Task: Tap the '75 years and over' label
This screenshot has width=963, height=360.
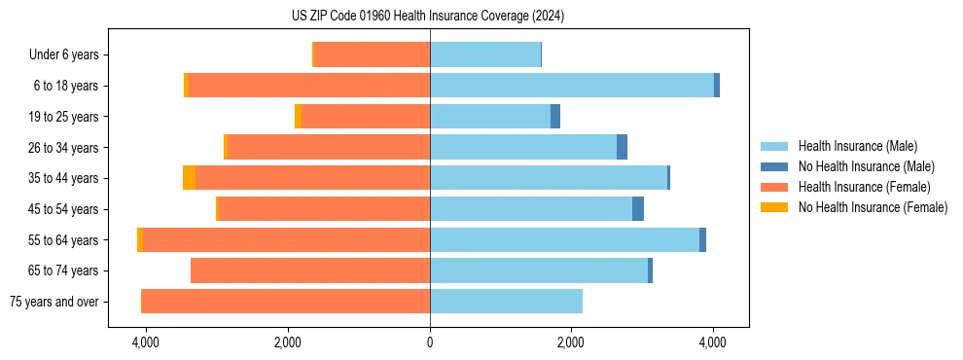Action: click(54, 302)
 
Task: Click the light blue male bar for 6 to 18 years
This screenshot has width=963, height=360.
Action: click(571, 86)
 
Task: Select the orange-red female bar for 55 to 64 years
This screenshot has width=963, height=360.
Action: click(286, 239)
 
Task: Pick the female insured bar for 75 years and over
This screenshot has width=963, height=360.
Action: click(286, 302)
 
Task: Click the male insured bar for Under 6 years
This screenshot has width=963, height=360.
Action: click(484, 55)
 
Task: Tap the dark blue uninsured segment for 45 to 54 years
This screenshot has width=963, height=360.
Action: click(638, 209)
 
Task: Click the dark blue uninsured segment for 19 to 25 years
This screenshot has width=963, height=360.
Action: click(555, 117)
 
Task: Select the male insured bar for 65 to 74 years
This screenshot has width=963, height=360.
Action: click(539, 270)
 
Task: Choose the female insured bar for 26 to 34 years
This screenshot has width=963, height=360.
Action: click(329, 147)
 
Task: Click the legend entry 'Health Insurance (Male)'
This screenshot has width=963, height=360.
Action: click(857, 146)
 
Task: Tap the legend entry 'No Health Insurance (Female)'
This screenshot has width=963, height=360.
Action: click(873, 207)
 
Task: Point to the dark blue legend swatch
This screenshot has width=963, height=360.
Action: click(774, 166)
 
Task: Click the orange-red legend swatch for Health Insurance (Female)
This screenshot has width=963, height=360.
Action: click(774, 187)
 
